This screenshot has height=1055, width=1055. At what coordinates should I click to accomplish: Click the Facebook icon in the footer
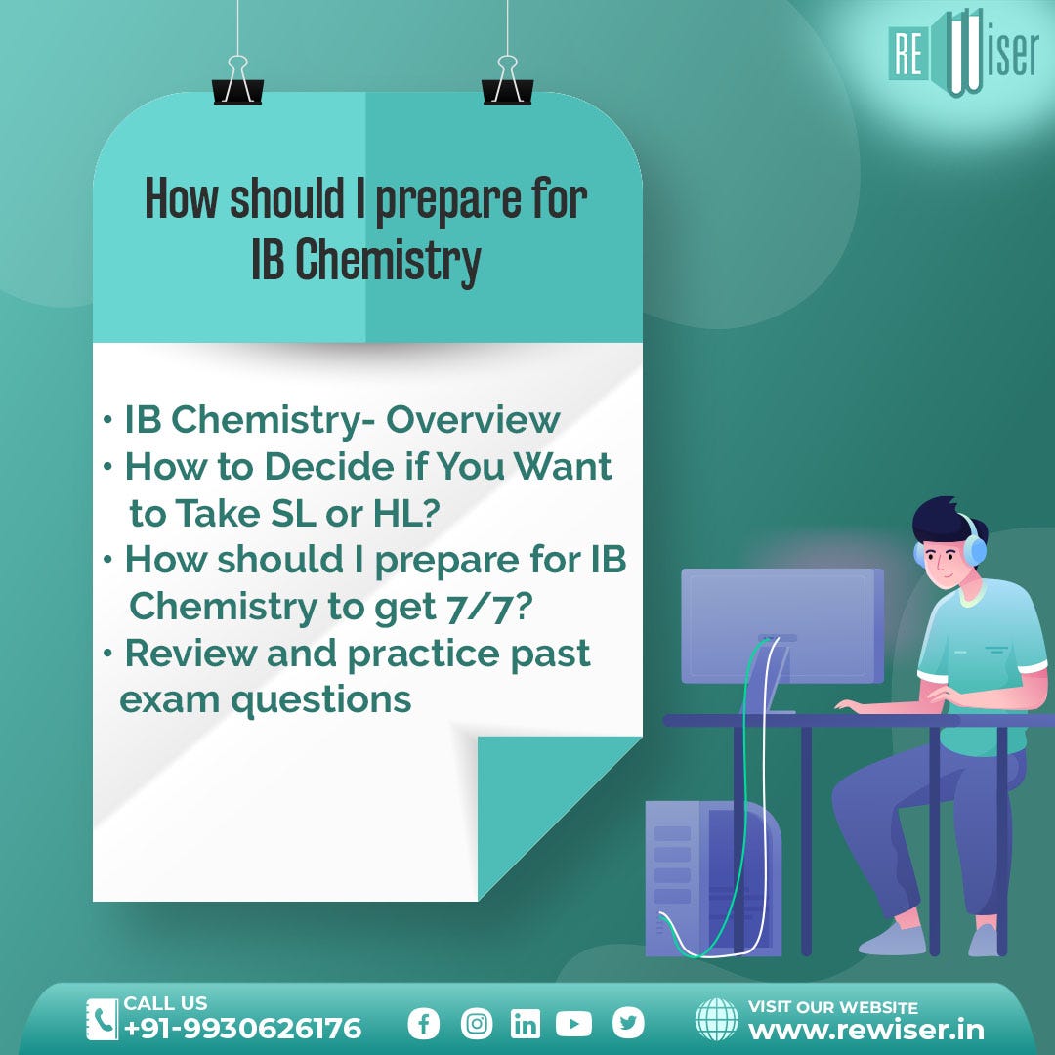pos(423,1024)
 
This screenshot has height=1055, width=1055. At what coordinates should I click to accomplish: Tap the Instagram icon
pos(477,1024)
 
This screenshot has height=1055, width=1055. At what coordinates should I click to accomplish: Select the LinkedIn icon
pos(525,1024)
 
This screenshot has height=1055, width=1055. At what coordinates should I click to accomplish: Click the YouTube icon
pos(573,1024)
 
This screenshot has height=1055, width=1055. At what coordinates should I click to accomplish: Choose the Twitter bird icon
pos(628,1023)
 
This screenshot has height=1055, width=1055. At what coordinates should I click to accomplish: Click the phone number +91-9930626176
pos(242,1029)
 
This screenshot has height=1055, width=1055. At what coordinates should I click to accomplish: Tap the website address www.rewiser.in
pos(865,1030)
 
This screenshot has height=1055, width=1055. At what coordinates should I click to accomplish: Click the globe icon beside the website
pos(716,1019)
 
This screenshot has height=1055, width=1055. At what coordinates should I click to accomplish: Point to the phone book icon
pos(102,1019)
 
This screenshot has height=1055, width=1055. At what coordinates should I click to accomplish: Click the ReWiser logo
pos(962,55)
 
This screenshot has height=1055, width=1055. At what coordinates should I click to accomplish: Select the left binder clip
pos(236,82)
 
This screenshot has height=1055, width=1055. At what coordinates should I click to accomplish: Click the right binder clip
pos(506,82)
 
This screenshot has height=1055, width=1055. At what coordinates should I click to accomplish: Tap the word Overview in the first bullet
pos(473,420)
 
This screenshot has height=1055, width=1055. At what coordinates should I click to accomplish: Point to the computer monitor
pos(781,625)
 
